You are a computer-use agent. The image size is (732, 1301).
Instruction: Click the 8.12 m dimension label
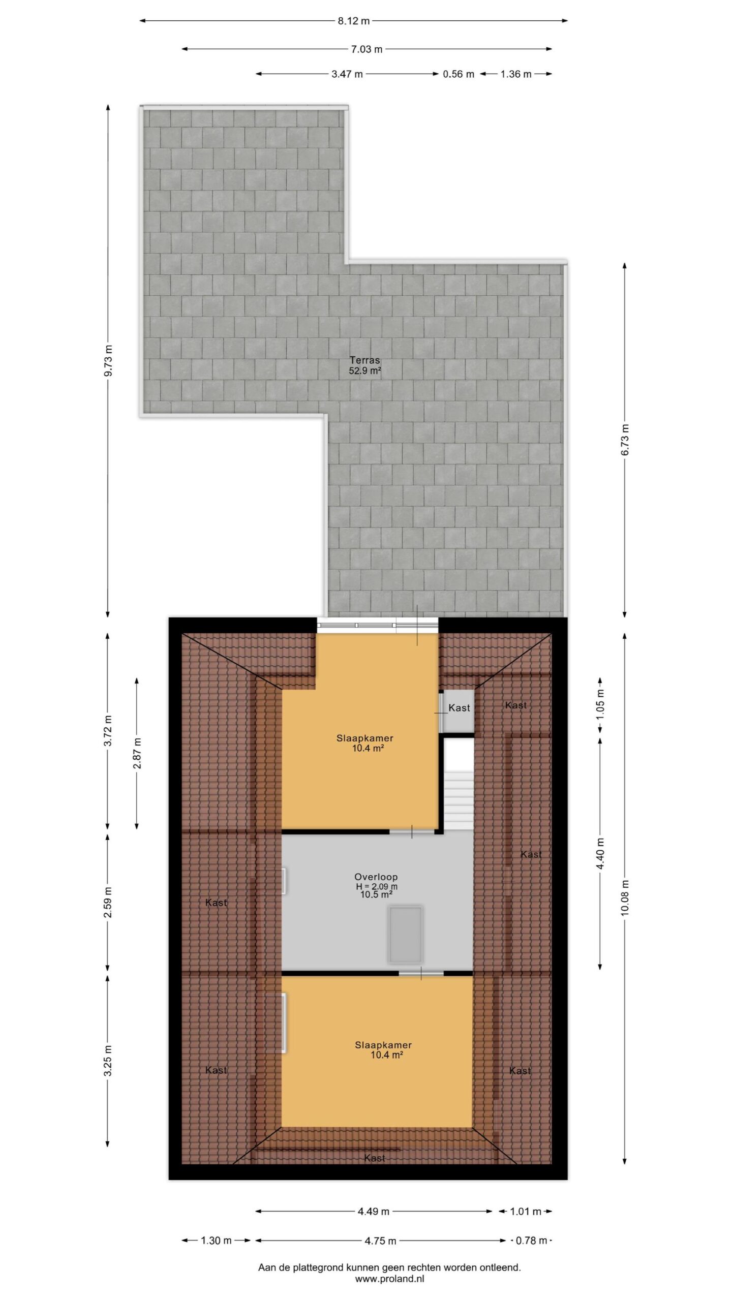(x=354, y=21)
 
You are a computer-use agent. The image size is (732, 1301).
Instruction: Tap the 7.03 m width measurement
(x=367, y=49)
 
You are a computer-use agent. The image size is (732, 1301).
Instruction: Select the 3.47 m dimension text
(x=347, y=74)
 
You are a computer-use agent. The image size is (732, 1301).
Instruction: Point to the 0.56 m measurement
(x=459, y=74)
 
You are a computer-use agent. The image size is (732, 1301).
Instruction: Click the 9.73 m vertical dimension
(x=108, y=361)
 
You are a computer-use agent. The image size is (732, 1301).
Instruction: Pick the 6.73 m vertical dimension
(x=625, y=439)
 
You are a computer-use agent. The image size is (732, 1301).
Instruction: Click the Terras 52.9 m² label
(x=365, y=365)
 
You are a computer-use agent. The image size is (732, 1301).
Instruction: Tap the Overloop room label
(x=376, y=877)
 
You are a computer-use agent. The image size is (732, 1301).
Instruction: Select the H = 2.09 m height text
(x=377, y=886)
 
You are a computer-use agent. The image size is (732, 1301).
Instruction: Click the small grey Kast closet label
(x=459, y=708)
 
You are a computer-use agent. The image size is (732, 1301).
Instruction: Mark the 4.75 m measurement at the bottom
(x=380, y=1241)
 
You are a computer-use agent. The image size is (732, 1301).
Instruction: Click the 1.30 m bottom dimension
(x=216, y=1241)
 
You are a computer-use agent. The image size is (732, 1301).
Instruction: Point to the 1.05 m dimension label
(x=600, y=704)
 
